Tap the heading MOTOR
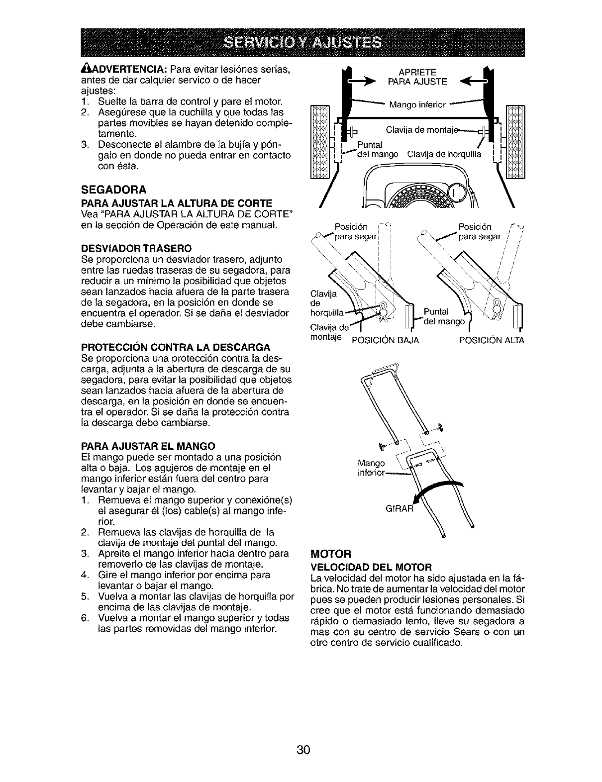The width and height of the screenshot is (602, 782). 324,553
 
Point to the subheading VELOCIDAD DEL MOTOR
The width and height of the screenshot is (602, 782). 371,567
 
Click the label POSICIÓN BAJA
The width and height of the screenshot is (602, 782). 386,340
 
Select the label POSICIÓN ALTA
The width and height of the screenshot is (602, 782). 492,340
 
